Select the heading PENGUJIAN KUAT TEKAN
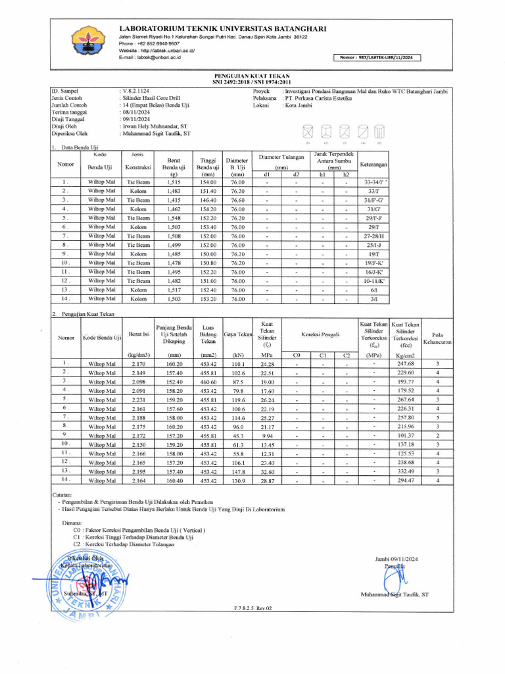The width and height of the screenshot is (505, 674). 252,76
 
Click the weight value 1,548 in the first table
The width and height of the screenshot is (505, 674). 174,218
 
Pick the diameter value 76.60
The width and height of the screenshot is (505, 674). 237,199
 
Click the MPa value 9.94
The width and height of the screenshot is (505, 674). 267,434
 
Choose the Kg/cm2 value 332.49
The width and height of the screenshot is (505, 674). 405,471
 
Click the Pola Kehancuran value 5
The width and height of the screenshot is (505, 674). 437,417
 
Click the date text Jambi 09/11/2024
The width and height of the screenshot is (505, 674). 397,558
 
